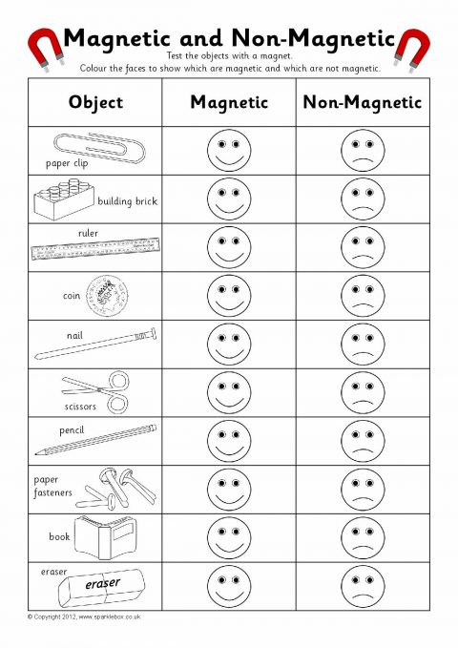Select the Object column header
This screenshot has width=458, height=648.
(96, 102)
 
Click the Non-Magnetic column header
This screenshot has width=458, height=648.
(363, 102)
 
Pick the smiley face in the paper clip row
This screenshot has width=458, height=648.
(229, 151)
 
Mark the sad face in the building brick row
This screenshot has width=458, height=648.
(363, 199)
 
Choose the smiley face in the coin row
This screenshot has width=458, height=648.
(229, 296)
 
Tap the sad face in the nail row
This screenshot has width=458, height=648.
(363, 344)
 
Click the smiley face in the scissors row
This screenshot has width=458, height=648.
(229, 392)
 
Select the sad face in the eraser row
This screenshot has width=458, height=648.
(363, 586)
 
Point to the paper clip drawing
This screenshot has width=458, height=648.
(99, 148)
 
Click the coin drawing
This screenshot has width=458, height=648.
(107, 296)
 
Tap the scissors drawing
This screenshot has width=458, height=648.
(96, 391)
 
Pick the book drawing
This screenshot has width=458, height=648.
(105, 537)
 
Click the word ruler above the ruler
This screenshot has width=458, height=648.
(88, 233)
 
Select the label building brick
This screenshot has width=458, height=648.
(127, 201)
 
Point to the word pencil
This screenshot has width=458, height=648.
(72, 430)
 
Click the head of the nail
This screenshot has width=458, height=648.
(154, 333)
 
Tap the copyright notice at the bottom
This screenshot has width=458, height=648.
(84, 617)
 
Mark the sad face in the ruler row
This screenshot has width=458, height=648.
(363, 247)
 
